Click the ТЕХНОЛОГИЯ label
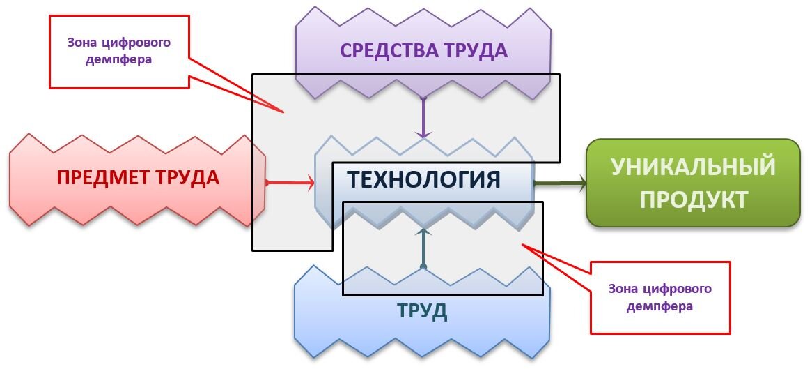(423, 179)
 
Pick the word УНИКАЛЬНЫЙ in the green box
(693, 167)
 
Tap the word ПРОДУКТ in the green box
(693, 199)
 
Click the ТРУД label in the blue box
(422, 311)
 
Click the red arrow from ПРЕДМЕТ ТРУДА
(290, 183)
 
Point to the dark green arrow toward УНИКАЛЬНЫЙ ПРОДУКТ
(559, 183)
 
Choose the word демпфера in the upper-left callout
(119, 60)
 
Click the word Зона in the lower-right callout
(623, 289)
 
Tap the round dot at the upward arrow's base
(423, 266)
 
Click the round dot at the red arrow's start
(267, 183)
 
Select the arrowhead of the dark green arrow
(579, 183)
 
